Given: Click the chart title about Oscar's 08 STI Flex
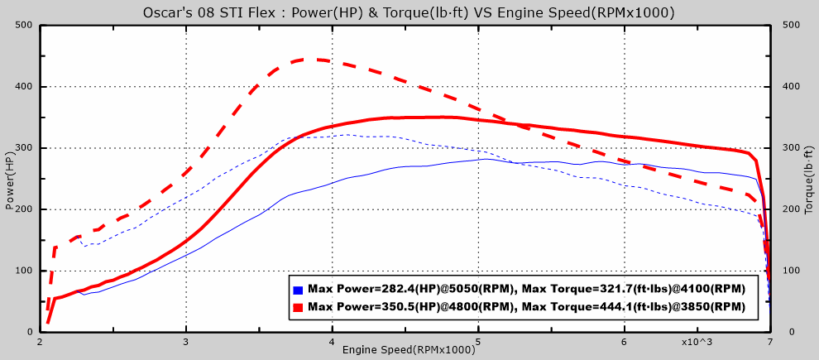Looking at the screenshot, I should (409, 12).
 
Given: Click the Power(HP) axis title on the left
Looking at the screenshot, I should (10, 178).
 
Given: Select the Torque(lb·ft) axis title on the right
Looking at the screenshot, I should (808, 178).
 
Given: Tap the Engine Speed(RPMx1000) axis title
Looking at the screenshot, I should (409, 350).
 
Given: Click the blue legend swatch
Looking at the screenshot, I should (298, 290).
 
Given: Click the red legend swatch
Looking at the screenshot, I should (298, 307).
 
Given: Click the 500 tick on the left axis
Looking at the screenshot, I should (23, 25).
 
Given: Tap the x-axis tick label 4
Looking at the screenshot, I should (332, 341).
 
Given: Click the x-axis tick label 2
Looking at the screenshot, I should (40, 341).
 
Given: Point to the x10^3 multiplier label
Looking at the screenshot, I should (697, 341).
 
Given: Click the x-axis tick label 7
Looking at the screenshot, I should (770, 341).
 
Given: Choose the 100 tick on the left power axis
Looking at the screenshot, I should (23, 271).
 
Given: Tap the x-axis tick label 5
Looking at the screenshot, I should (478, 341).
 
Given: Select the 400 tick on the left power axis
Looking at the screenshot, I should (23, 87).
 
